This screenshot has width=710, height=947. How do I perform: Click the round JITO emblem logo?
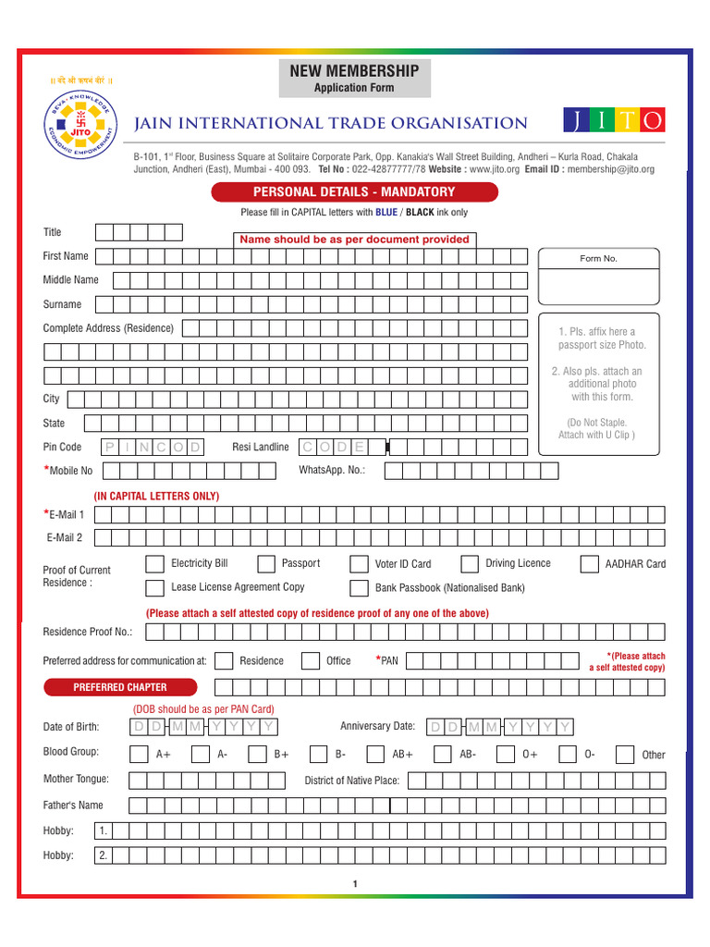pyautogui.click(x=80, y=129)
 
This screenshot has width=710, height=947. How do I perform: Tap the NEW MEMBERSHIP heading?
pyautogui.click(x=354, y=71)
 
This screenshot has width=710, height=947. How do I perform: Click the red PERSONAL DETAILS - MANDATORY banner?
pyautogui.click(x=354, y=192)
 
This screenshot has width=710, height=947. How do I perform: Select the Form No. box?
pyautogui.click(x=597, y=277)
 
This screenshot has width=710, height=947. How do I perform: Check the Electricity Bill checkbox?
pyautogui.click(x=155, y=564)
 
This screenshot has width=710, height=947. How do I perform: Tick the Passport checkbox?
pyautogui.click(x=266, y=564)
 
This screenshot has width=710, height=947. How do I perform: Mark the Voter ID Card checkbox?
pyautogui.click(x=359, y=564)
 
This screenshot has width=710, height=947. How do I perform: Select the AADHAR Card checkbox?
pyautogui.click(x=589, y=564)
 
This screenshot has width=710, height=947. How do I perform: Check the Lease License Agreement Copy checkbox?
pyautogui.click(x=155, y=588)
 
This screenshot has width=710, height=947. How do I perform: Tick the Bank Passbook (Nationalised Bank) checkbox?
pyautogui.click(x=359, y=588)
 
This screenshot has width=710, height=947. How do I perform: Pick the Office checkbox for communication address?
pyautogui.click(x=310, y=660)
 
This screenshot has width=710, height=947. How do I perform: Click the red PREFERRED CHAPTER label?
pyautogui.click(x=120, y=687)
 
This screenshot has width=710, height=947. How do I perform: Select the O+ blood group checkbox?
pyautogui.click(x=507, y=754)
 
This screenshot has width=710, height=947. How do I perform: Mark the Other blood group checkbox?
pyautogui.click(x=625, y=754)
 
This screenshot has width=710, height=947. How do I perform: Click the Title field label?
pyautogui.click(x=53, y=232)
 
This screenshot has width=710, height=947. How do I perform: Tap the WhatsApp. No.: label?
pyautogui.click(x=332, y=471)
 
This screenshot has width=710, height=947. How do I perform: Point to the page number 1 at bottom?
pyautogui.click(x=354, y=884)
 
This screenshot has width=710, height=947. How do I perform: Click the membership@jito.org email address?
pyautogui.click(x=610, y=169)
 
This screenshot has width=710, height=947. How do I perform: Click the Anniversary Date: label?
pyautogui.click(x=377, y=726)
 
